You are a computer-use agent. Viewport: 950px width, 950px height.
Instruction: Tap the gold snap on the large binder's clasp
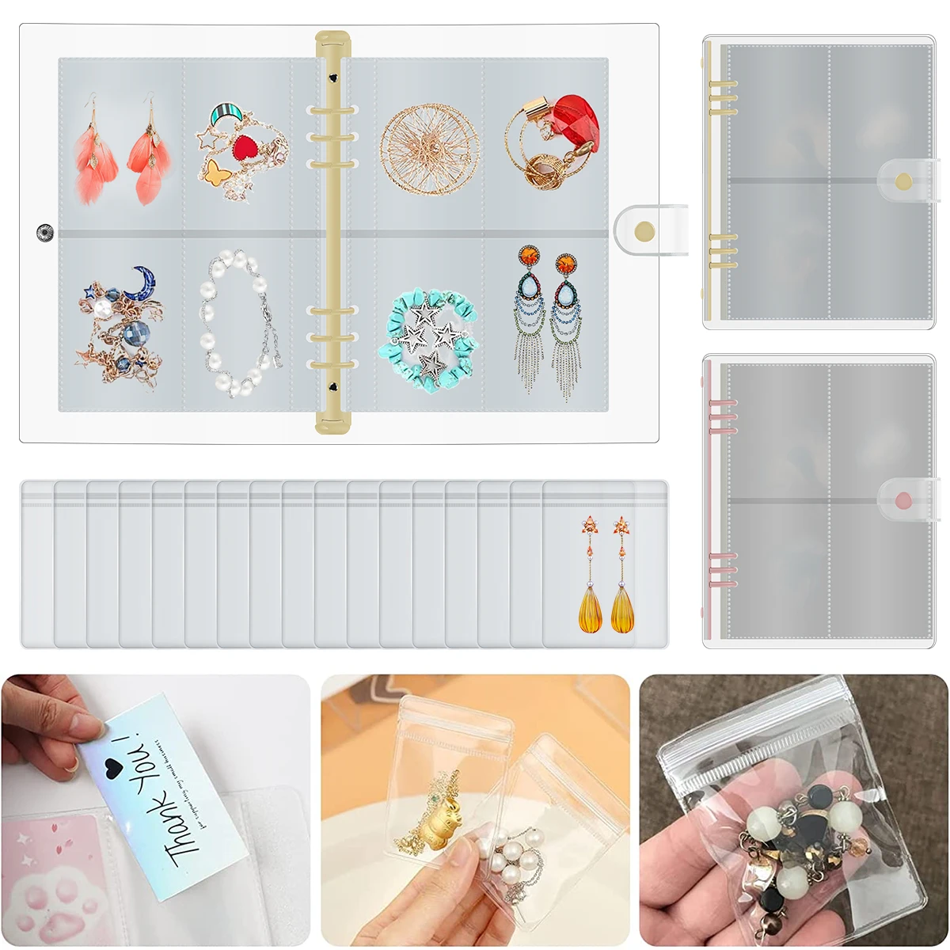(645, 230)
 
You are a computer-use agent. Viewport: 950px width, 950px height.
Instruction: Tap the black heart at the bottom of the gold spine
(330, 388)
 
